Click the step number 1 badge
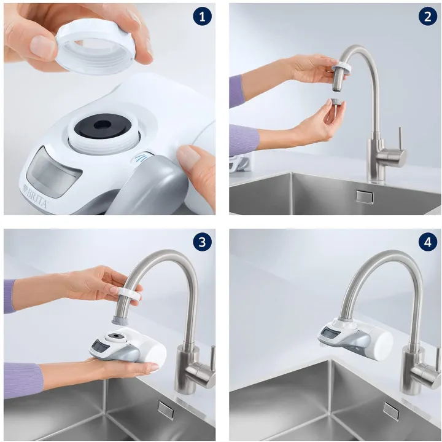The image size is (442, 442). pos(201,17)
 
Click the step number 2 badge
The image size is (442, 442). pos(427,17)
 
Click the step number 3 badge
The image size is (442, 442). pos(201,242)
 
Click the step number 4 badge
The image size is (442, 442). pos(427,242)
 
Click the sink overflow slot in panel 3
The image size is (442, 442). pos(165,409)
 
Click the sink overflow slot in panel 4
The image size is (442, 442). pos(391,410)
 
